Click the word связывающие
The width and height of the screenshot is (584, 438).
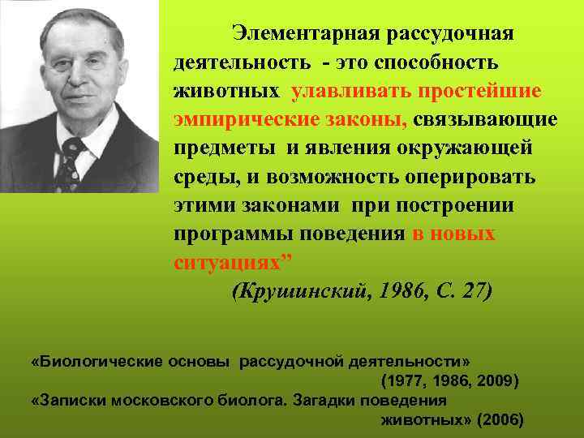[485, 120]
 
